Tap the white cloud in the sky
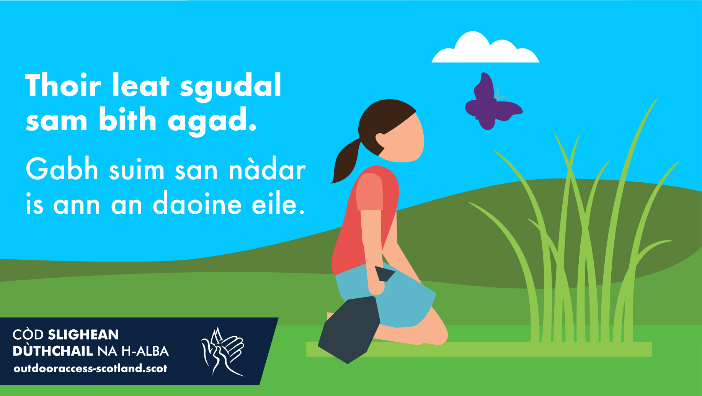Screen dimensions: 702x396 pos(485,49)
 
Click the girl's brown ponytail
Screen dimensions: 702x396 pos(346,161)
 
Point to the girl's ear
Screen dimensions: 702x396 pos(380,140)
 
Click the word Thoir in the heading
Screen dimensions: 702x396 pos(63,85)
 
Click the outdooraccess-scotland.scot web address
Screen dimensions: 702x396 pos(90,368)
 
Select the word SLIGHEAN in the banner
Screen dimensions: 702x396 pos(83,335)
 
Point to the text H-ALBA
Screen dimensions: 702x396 pos(145,351)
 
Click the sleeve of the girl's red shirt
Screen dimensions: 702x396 pos(370,191)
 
